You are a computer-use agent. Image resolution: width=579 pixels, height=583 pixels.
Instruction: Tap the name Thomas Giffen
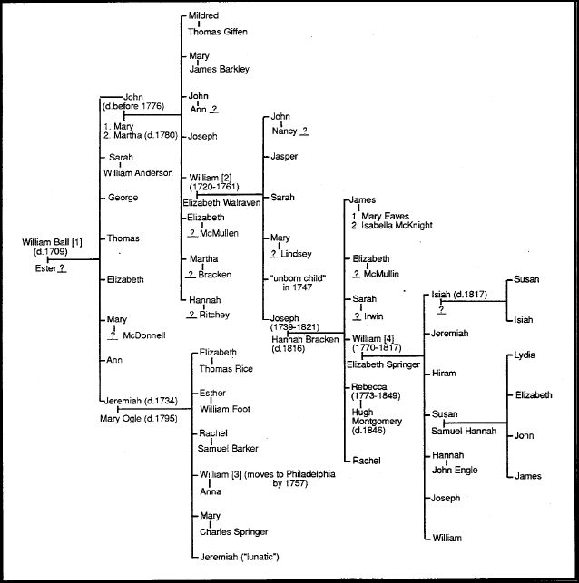216,31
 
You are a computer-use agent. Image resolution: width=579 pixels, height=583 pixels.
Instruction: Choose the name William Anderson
140,172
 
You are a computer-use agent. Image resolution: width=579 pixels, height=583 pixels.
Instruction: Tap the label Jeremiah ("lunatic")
239,555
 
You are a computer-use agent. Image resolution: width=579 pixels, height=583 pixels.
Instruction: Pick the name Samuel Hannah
463,432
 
